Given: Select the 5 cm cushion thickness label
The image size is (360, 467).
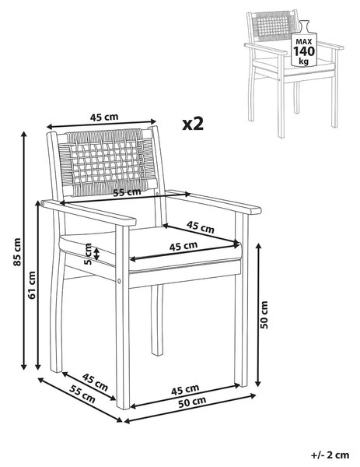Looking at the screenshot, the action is point(88,254).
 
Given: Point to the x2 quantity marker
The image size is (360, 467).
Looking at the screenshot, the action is point(193,124).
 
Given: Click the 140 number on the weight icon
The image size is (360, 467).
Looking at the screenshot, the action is point(304,51).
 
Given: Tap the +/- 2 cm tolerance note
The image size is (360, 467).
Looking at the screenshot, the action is point(330,455).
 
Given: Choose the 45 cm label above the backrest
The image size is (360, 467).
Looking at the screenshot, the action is point(104,117).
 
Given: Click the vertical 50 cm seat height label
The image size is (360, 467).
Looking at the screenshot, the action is point(264,314).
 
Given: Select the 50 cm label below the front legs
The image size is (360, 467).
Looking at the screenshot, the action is point(192,402).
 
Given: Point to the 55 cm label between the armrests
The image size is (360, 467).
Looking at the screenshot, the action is point(128,192).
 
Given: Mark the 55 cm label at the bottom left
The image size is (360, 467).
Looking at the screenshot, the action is point(82,394).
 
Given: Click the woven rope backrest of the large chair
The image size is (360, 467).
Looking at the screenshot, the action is point(107,163).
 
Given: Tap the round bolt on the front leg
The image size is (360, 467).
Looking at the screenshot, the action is point(120,280).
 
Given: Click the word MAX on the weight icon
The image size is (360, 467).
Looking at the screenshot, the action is point(304,41).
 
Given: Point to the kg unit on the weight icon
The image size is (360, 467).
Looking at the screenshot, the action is point(304,61).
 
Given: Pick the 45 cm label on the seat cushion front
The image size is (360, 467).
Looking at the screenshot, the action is point(183,246).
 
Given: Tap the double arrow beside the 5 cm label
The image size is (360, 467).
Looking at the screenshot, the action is point(97,254).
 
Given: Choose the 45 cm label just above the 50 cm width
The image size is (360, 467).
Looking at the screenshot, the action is point(185,390).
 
